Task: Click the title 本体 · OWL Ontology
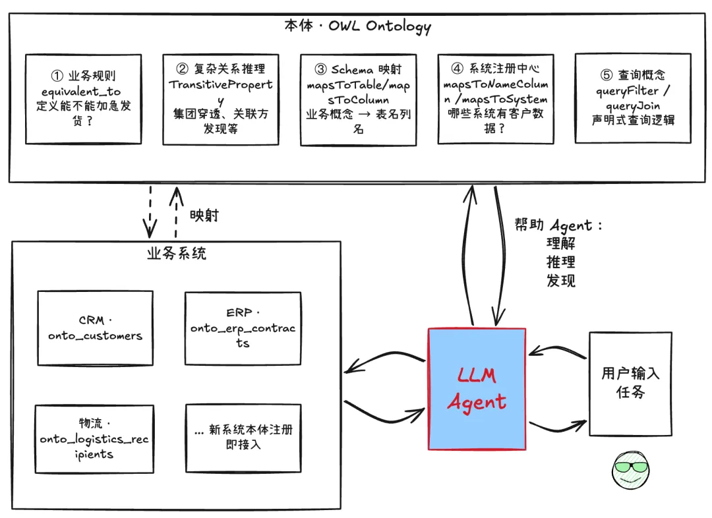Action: tap(357, 26)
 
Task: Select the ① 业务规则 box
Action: tap(84, 99)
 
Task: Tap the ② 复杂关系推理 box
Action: tap(220, 99)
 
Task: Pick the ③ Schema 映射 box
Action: tap(358, 100)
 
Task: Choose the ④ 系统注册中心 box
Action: tap(496, 99)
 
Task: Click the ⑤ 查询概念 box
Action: tap(634, 99)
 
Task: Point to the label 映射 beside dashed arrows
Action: tap(204, 216)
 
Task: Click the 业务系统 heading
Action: tap(176, 254)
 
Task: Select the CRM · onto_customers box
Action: tap(95, 328)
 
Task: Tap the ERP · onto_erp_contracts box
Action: tap(243, 328)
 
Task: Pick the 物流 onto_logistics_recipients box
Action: tap(94, 439)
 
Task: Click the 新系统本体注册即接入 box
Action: tap(243, 438)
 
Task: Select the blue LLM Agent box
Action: tap(477, 389)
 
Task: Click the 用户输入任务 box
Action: tap(630, 384)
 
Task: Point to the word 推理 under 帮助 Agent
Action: tap(561, 262)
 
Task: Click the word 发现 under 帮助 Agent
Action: tap(561, 281)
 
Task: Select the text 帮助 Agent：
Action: tap(558, 225)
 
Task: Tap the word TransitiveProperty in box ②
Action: tap(220, 85)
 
